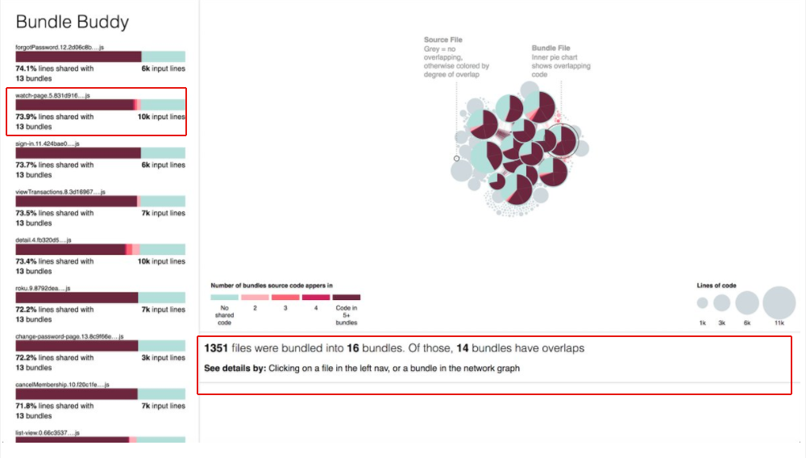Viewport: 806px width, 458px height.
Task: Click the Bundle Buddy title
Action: click(73, 23)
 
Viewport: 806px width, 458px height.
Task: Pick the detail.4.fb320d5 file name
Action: click(44, 240)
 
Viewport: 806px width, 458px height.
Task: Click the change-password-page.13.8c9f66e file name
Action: click(62, 336)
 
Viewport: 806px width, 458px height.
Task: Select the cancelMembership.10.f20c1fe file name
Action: click(62, 385)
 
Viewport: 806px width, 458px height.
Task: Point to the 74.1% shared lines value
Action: click(26, 69)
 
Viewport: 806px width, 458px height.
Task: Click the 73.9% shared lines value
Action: click(26, 117)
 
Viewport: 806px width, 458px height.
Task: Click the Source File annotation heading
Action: click(443, 40)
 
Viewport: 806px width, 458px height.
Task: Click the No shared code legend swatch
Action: click(225, 298)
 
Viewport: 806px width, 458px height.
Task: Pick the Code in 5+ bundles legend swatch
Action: click(347, 298)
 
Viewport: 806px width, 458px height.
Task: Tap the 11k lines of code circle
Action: click(779, 303)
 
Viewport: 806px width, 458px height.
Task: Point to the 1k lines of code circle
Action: click(702, 303)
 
